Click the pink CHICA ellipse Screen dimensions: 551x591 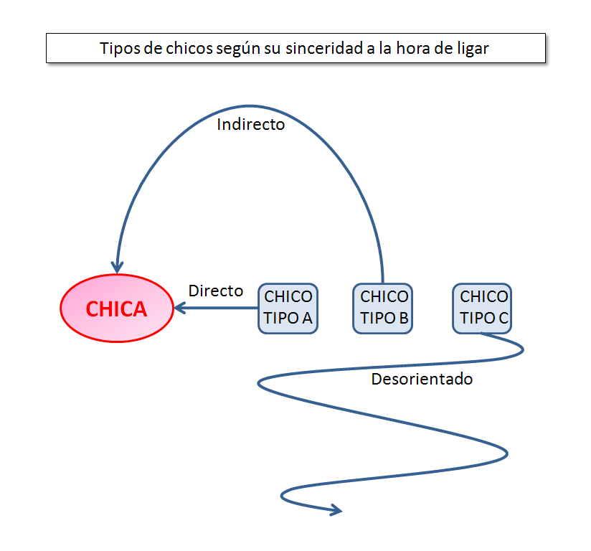click(116, 309)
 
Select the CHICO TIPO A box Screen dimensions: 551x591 click(288, 308)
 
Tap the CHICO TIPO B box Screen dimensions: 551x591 click(383, 308)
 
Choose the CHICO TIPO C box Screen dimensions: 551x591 click(483, 308)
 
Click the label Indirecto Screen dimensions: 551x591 click(251, 124)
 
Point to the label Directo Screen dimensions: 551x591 click(215, 291)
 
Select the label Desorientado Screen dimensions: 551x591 click(422, 379)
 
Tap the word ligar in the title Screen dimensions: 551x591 click(471, 49)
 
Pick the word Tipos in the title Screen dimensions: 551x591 click(117, 49)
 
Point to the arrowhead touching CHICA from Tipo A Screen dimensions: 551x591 click(179, 309)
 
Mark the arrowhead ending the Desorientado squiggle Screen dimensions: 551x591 click(334, 510)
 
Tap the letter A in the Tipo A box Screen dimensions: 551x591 click(306, 318)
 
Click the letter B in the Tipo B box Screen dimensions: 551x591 click(402, 318)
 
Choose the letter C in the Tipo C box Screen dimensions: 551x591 click(502, 318)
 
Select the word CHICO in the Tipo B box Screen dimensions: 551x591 click(384, 296)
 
